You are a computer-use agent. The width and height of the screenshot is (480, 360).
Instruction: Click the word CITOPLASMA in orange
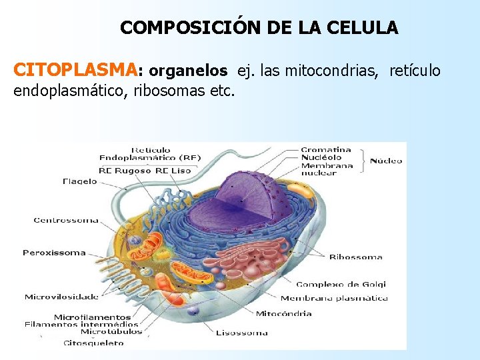pos(75,70)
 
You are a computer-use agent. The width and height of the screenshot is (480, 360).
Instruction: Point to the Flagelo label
pos(79,181)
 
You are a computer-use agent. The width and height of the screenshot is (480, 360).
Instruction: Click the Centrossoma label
pos(66,220)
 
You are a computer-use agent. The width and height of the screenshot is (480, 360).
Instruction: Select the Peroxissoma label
pos(54,253)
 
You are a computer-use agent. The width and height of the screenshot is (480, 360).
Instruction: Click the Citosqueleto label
pos(93,343)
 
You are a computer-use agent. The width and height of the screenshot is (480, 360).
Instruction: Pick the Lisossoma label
pos(241,333)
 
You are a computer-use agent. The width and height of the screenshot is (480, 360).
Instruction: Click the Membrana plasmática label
pos(334,298)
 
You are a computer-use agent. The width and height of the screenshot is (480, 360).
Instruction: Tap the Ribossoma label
pos(356,257)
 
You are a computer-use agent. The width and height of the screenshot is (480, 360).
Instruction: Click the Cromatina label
pos(325,150)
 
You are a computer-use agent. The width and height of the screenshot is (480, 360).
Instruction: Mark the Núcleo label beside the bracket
pos(386,161)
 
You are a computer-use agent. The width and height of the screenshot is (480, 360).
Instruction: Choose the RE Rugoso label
pos(125,171)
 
